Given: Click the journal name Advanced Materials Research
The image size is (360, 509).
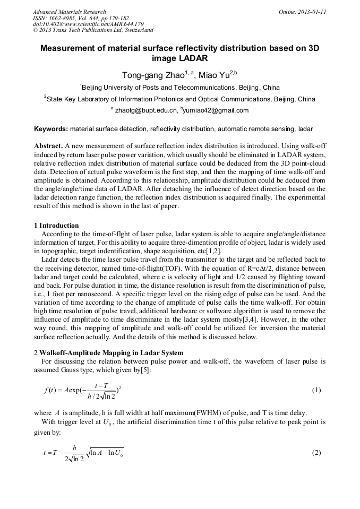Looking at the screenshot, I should pyautogui.click(x=69, y=12).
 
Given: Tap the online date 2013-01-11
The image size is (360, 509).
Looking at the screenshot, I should pyautogui.click(x=310, y=12).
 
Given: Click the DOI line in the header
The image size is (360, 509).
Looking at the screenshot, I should pyautogui.click(x=88, y=24).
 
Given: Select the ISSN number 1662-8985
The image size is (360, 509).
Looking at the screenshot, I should pyautogui.click(x=67, y=18).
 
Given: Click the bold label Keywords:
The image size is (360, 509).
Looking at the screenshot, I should pyautogui.click(x=51, y=129).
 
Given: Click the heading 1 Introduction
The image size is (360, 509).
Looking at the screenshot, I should pyautogui.click(x=56, y=226).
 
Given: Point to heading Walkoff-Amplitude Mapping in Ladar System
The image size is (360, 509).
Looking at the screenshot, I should pyautogui.click(x=111, y=353).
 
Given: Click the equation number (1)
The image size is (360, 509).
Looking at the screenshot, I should pyautogui.click(x=316, y=390).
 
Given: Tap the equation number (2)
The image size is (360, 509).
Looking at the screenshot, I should pyautogui.click(x=316, y=453).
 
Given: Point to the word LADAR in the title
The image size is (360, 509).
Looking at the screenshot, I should pyautogui.click(x=191, y=58).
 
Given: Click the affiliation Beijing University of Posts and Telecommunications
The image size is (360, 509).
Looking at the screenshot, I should pyautogui.click(x=180, y=88).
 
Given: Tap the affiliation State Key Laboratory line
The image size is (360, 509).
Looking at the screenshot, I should pyautogui.click(x=180, y=99).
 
